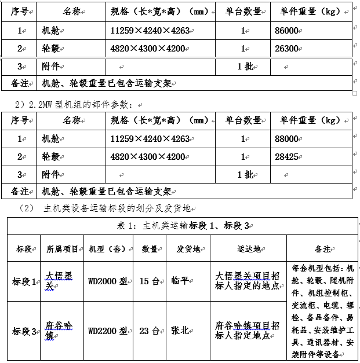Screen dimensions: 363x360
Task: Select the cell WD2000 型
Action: coord(107,282)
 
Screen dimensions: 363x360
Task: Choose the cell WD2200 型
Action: coord(107,331)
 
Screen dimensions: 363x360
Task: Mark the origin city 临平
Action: coord(180,282)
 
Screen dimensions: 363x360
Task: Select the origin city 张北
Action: coord(180,331)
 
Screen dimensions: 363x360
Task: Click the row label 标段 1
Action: coord(24,282)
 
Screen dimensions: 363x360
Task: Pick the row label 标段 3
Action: coord(24,331)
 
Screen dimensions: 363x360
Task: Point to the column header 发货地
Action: coord(188,249)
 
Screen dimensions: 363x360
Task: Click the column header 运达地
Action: coord(248,249)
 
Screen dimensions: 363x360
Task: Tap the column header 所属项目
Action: coord(63,249)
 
